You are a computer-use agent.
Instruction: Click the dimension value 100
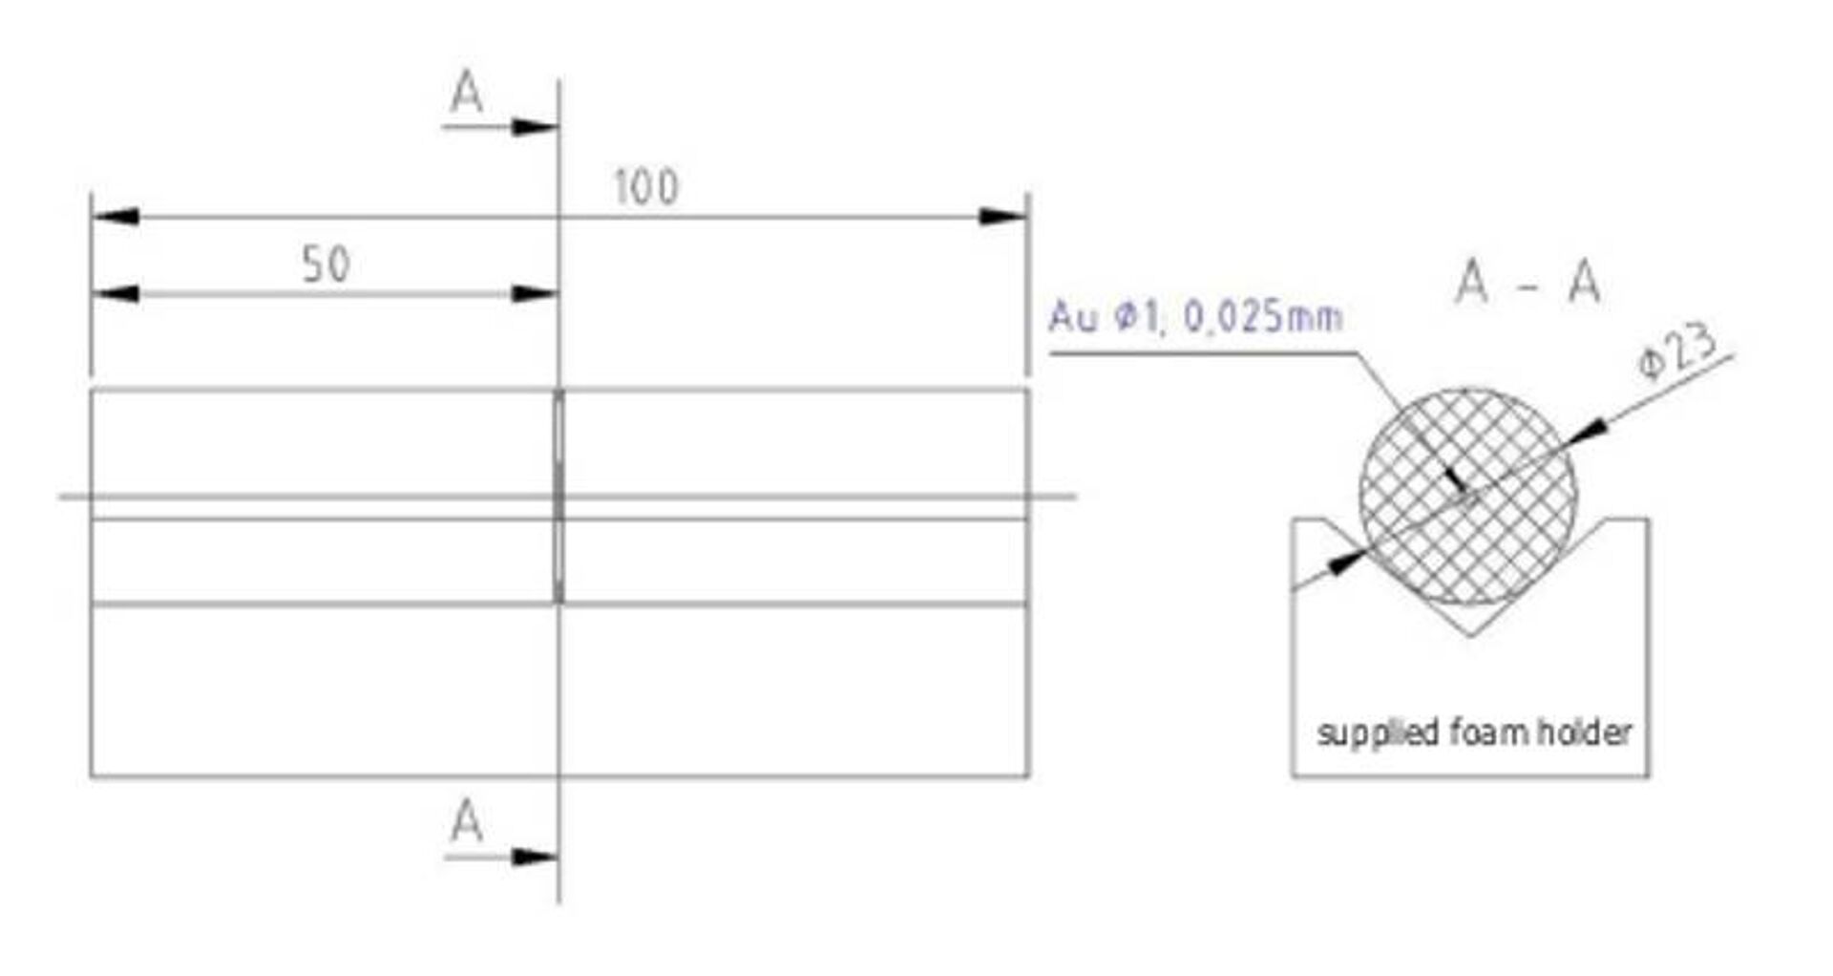pyautogui.click(x=646, y=187)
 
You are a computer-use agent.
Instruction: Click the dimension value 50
pyautogui.click(x=327, y=265)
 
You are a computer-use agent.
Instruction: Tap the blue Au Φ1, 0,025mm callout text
pyautogui.click(x=1195, y=316)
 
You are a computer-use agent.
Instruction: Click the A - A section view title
pyautogui.click(x=1527, y=283)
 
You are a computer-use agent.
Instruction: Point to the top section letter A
pyautogui.click(x=467, y=94)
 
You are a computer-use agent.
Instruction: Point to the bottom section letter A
pyautogui.click(x=466, y=821)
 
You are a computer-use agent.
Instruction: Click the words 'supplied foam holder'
pyautogui.click(x=1474, y=732)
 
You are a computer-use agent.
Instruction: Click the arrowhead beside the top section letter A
pyautogui.click(x=535, y=127)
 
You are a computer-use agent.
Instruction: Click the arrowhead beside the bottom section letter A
pyautogui.click(x=535, y=857)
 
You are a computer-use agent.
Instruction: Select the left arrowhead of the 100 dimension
pyautogui.click(x=115, y=217)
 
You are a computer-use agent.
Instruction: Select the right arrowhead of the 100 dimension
pyautogui.click(x=1004, y=217)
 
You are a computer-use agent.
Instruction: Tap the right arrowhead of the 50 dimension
pyautogui.click(x=535, y=294)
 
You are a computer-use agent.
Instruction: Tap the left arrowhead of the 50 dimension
pyautogui.click(x=115, y=294)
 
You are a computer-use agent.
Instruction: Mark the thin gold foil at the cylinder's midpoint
pyautogui.click(x=558, y=496)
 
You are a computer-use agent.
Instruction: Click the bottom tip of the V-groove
pyautogui.click(x=1469, y=635)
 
